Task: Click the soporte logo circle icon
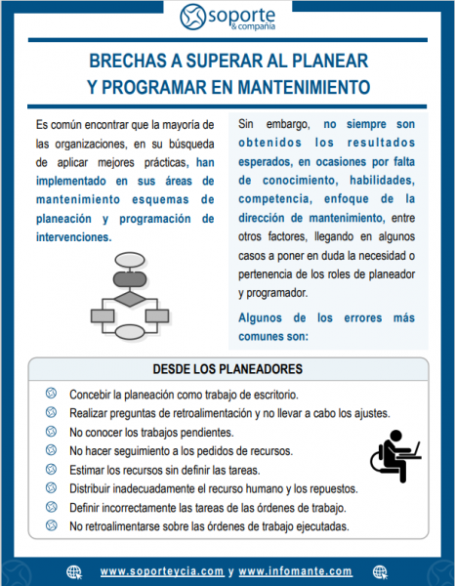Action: [x=192, y=17]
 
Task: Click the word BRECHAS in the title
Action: [x=127, y=61]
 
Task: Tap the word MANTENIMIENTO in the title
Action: [x=304, y=87]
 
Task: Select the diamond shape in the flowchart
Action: [x=130, y=299]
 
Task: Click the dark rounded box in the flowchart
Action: [x=130, y=279]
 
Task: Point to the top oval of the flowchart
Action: [x=130, y=260]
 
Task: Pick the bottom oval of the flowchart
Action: [x=130, y=332]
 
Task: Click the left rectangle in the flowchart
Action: [x=103, y=316]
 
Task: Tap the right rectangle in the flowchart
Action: [x=157, y=316]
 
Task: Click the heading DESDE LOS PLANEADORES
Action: [x=227, y=369]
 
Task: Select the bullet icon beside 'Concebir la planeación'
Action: [x=51, y=394]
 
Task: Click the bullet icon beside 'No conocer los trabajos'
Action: [x=51, y=432]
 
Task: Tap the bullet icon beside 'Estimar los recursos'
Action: [x=51, y=469]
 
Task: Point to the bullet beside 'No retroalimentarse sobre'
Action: [x=51, y=525]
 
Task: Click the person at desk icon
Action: [x=395, y=456]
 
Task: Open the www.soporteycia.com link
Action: [x=162, y=571]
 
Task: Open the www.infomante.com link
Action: [x=295, y=571]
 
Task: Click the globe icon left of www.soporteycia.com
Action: [x=74, y=571]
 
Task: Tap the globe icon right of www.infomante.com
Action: [x=380, y=571]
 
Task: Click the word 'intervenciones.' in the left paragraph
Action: [x=73, y=237]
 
